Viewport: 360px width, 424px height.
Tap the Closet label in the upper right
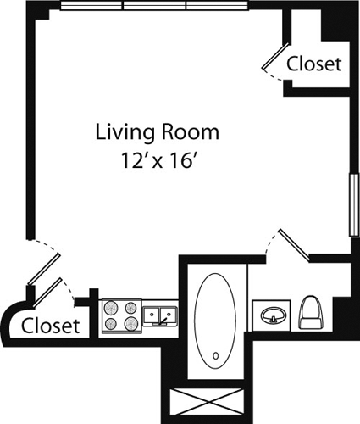point(313,64)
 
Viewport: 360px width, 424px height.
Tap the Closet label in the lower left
point(50,325)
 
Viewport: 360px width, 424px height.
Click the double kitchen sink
point(159,316)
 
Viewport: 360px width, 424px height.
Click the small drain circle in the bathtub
point(215,355)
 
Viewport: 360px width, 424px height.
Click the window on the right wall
point(352,206)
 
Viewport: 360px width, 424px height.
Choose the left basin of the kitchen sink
point(151,317)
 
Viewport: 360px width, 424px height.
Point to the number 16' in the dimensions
point(178,159)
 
